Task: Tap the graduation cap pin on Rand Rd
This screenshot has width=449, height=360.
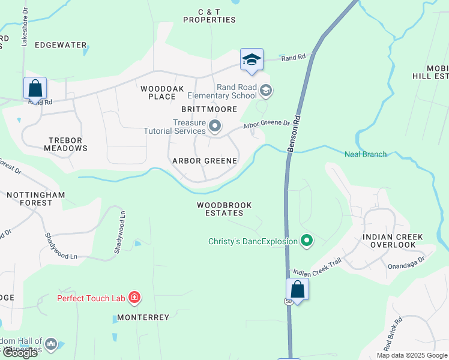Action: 252,60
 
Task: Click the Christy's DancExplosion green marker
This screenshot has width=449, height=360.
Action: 307,242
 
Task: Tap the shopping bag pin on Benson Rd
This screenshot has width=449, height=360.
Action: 297,290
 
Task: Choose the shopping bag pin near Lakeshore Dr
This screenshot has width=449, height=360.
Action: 35,89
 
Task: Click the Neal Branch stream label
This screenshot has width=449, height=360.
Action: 366,154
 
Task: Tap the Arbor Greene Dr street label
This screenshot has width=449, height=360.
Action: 266,124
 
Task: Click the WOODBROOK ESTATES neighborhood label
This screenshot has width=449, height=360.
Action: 224,209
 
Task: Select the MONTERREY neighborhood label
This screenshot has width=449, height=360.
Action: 143,317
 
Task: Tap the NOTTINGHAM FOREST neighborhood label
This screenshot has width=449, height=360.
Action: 29,199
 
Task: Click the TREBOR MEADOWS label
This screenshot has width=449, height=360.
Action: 67,144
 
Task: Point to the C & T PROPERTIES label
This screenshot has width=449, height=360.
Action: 209,16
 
